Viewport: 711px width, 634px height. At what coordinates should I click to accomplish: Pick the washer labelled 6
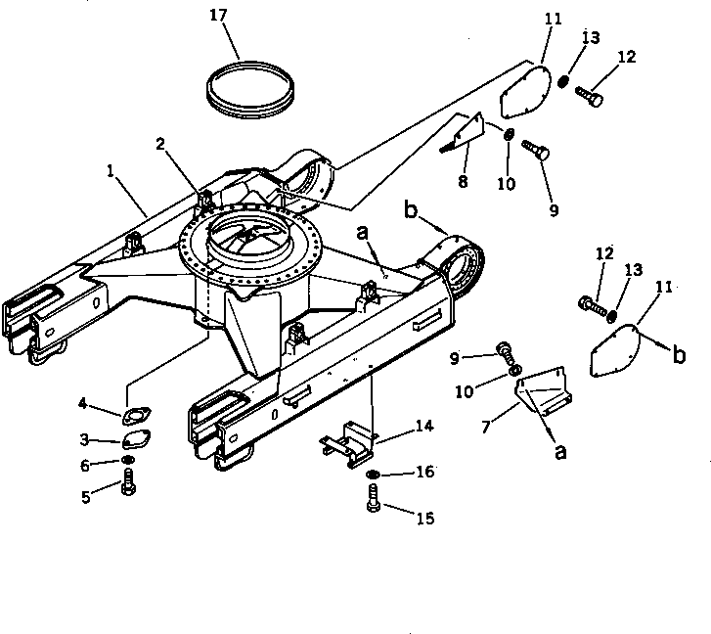click(129, 462)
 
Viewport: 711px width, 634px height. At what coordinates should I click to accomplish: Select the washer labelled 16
click(373, 475)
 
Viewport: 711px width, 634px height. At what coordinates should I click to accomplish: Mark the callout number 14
click(422, 427)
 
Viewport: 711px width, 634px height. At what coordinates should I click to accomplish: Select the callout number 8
click(462, 182)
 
